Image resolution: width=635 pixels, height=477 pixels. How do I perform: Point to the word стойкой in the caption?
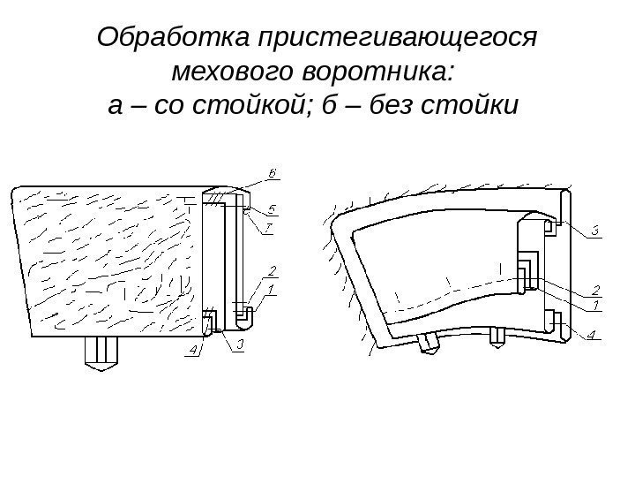pos(245,106)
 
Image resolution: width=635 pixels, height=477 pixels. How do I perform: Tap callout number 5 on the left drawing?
pos(272,209)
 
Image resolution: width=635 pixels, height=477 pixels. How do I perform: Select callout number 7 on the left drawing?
pos(272,228)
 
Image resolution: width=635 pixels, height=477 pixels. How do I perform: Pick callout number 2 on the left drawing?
pos(272,269)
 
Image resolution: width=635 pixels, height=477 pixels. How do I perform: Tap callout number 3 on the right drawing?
pos(594,232)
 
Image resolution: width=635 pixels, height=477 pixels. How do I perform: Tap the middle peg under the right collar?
pos(499,336)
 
